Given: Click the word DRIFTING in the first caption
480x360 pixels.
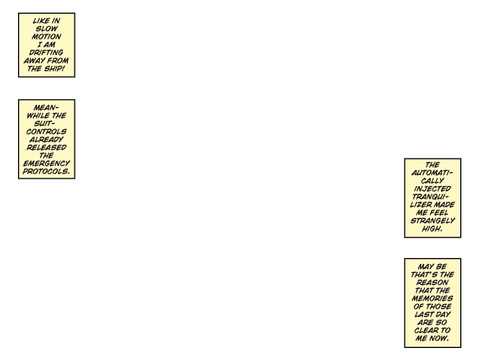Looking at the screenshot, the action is pos(46,53).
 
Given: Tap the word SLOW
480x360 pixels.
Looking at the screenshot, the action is pos(47,29).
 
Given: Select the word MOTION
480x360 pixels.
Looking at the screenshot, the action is pos(46,37).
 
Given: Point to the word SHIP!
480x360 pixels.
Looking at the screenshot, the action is pos(54,68).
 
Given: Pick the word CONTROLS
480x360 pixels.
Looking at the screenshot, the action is pos(46,131).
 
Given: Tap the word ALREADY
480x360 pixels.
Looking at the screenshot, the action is pos(46,140).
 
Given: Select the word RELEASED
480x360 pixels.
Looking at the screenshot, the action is pos(46,148).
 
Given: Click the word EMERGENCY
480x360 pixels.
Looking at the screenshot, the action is pos(47,163).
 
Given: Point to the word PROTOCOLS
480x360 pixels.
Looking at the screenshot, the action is pos(46,172).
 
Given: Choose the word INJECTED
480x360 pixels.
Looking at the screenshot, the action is pos(432,189).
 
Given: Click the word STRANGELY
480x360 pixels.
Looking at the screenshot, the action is pos(433,221).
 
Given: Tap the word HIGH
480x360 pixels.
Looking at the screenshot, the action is pos(432,229).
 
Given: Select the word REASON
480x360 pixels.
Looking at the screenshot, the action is pos(432,283).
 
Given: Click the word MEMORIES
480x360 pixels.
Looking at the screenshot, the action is pos(432,298).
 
